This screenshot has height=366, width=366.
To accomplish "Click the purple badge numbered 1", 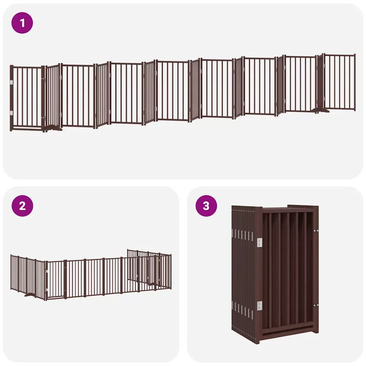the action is pos(22,23).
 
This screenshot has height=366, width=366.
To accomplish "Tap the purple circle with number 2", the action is pos(22,206).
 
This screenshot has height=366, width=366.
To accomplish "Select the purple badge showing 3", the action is pos(206,206).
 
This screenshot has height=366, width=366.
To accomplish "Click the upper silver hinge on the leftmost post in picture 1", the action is pos(11,83).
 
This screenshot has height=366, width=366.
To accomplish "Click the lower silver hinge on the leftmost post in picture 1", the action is pos(11,113).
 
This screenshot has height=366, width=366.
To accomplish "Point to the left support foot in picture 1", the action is pos(54,128).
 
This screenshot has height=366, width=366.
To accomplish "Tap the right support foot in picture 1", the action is pos(322,110).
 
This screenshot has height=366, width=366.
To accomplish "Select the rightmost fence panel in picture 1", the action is pos(340,82).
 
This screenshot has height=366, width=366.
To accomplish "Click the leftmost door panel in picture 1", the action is pos(27,98).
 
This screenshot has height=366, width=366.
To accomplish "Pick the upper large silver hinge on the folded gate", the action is pos(259,242).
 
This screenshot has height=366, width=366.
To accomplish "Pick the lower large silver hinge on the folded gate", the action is pos(259,306).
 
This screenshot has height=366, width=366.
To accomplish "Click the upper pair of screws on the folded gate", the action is pos(316,231).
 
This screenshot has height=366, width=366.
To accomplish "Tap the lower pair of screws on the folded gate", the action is pos(316,305).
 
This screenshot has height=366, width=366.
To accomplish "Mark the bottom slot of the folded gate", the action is pos(287,331).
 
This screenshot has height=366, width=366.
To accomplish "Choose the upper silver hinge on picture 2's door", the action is pos(47,271).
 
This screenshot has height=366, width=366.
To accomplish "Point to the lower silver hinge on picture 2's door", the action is pos(47,291).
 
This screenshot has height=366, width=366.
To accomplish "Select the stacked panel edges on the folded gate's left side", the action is pos(243,273).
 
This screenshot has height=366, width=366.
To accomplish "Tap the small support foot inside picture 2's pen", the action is pos(152,284).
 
